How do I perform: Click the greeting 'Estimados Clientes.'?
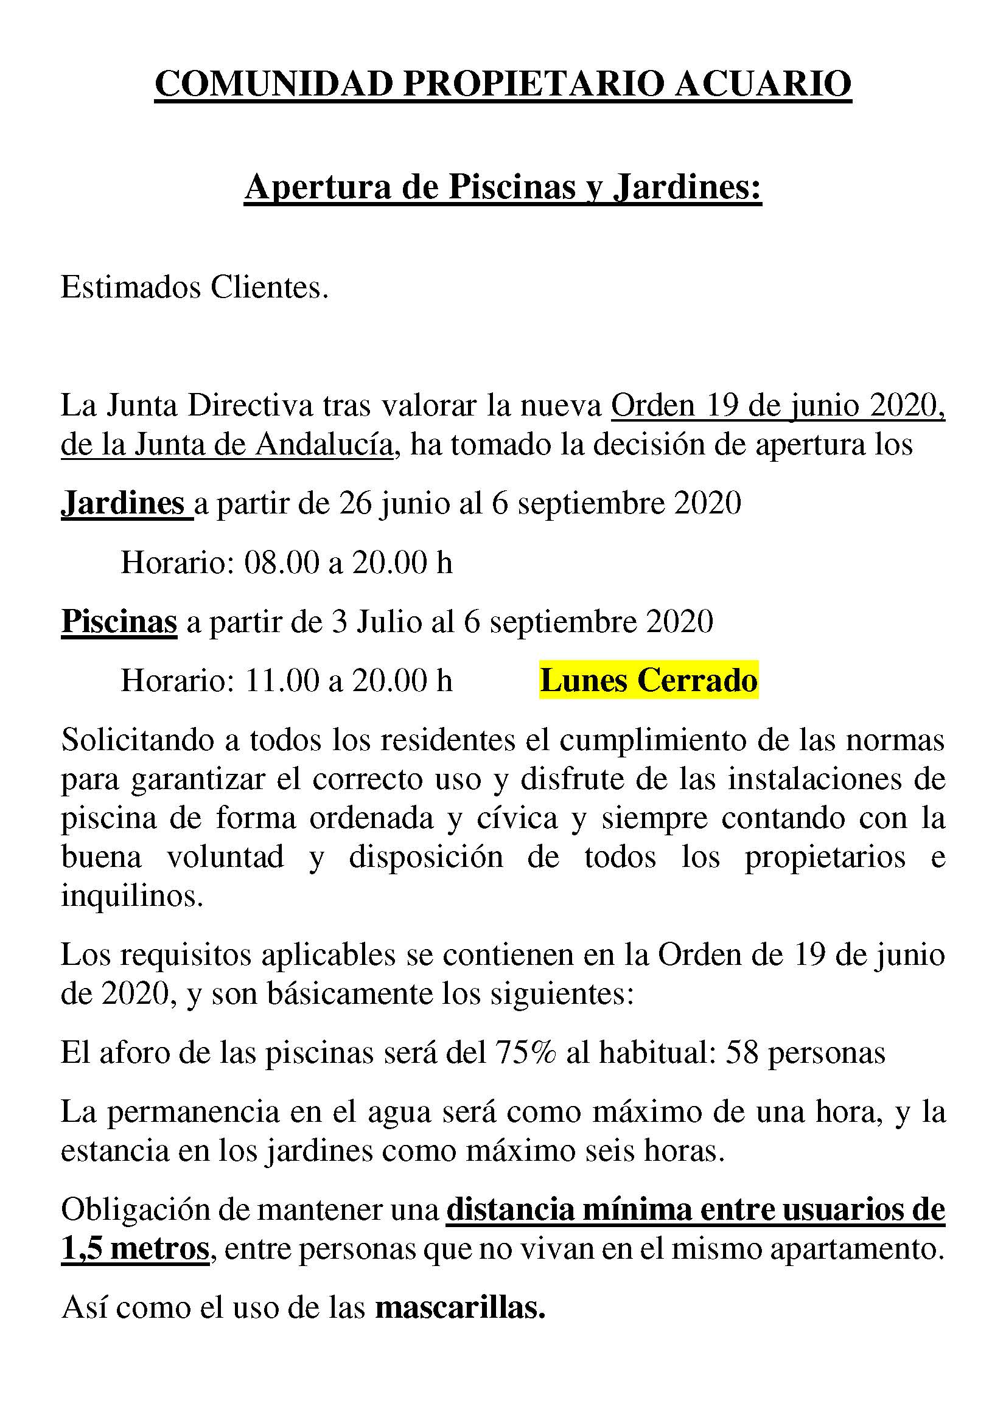[x=194, y=288]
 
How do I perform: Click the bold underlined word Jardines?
[x=123, y=503]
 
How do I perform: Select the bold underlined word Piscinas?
[x=119, y=621]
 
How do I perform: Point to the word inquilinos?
[x=132, y=896]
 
